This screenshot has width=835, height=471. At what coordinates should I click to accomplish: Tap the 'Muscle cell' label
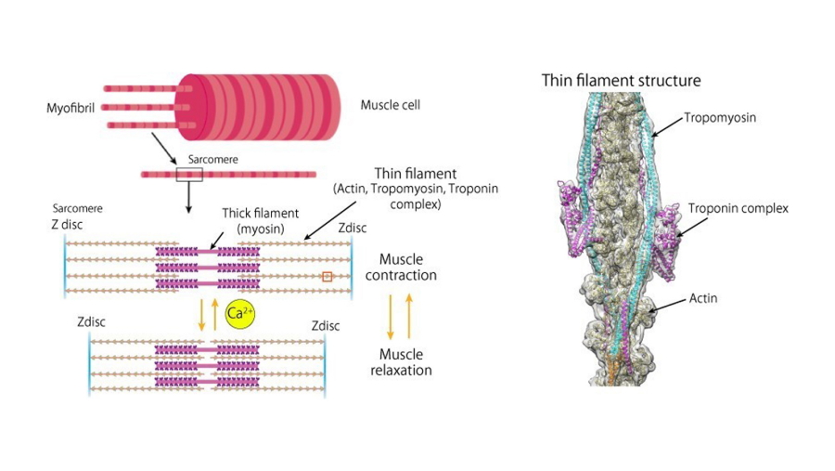[x=390, y=105]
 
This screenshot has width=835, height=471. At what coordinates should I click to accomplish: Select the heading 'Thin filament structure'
[x=621, y=81]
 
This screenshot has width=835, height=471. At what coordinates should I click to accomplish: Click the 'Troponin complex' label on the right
[x=738, y=208]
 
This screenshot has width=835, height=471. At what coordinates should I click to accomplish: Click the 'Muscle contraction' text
[x=401, y=267]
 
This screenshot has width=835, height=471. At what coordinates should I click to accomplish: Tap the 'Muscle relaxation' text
[x=401, y=362]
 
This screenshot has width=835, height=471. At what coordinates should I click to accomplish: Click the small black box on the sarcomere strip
[x=188, y=174]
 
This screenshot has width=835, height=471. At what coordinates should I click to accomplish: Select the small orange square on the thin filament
[x=327, y=276]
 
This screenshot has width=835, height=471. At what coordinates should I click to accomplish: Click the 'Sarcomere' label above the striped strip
[x=212, y=159]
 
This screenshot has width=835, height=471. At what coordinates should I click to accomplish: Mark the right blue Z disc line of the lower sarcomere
[x=326, y=365]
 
